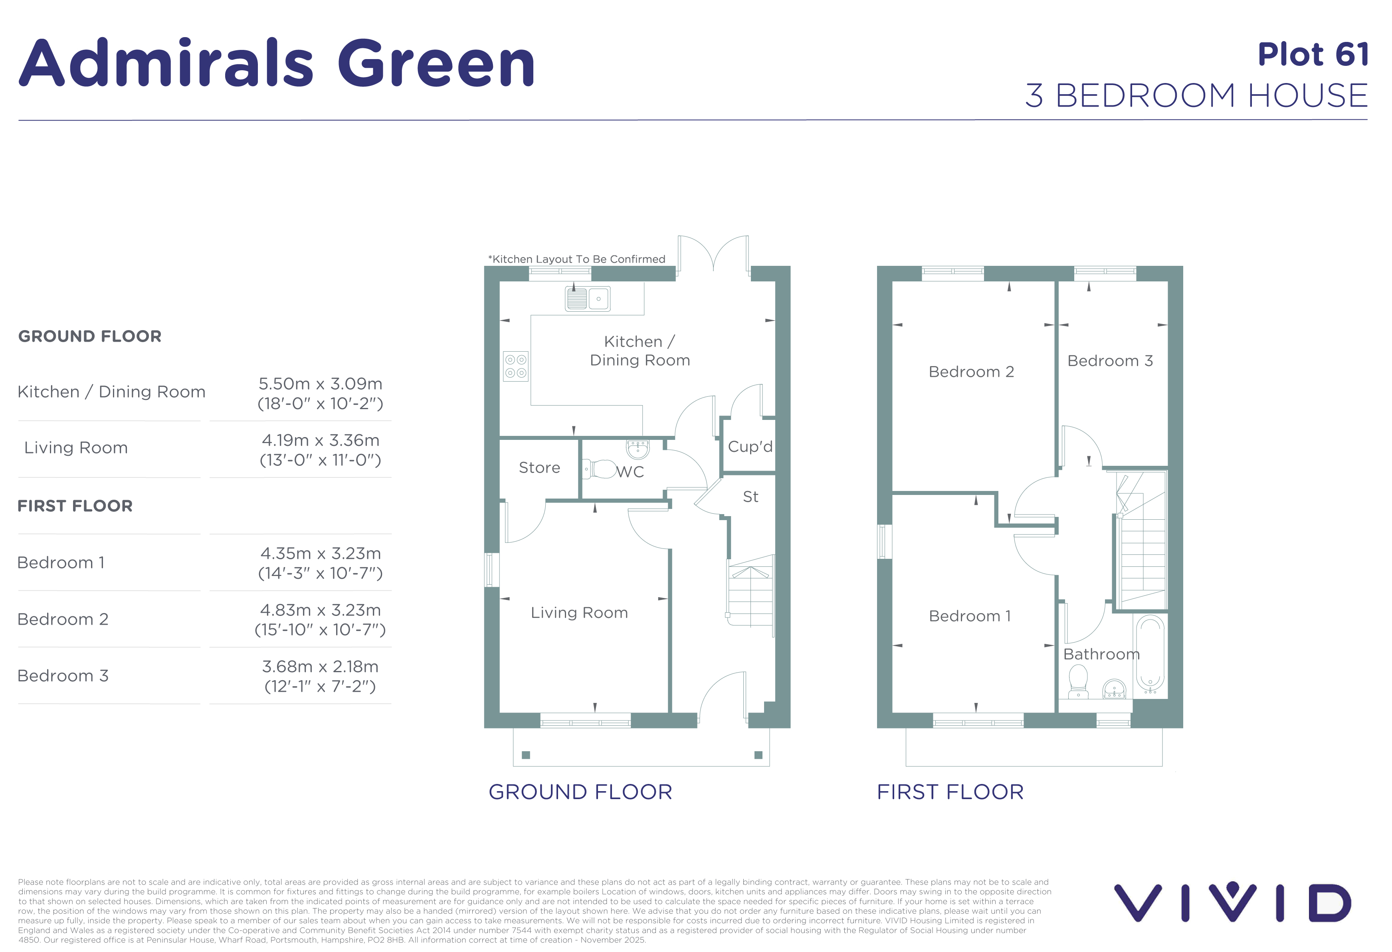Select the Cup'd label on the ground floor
coord(750,447)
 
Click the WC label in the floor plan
coord(630,472)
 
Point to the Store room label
coord(539,468)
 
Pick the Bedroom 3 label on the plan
coord(1110,361)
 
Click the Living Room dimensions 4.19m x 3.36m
coord(321,441)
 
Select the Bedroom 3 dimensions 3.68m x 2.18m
coord(321,667)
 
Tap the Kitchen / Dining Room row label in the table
coord(111,392)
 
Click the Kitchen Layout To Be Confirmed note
coord(577,259)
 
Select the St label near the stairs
coord(750,497)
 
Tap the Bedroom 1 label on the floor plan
coord(970,616)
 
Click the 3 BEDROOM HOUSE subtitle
coord(1197,96)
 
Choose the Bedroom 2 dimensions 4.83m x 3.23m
coord(321,611)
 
